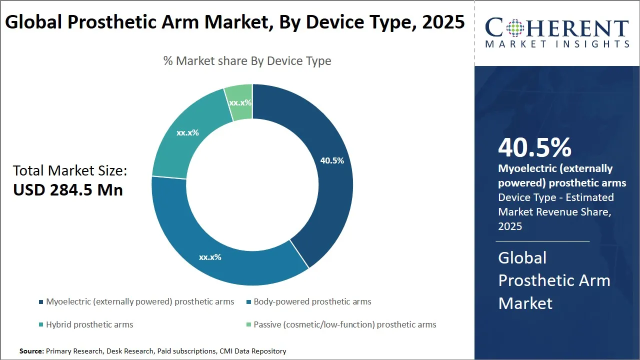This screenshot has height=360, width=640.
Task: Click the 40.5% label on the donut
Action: pos(332,160)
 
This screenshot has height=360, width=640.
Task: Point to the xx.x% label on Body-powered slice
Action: pos(210,257)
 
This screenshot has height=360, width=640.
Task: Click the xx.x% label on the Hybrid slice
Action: pos(187,133)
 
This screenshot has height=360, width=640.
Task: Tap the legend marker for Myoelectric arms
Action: pos(40,302)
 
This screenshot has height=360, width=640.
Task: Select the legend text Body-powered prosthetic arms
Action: pos(312,301)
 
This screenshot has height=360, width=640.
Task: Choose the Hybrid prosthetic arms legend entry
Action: pos(89,324)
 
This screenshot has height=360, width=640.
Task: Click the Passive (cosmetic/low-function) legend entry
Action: pos(345,324)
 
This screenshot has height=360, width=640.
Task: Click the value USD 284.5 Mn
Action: pos(68,190)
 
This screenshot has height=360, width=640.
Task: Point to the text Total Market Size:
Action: pos(70,171)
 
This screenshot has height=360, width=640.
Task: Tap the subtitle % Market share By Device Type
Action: pos(247,61)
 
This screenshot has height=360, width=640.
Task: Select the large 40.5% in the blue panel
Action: pos(534,147)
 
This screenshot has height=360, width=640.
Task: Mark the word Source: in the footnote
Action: pos(31,351)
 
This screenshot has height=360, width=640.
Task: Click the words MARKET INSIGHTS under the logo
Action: pos(557,44)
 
